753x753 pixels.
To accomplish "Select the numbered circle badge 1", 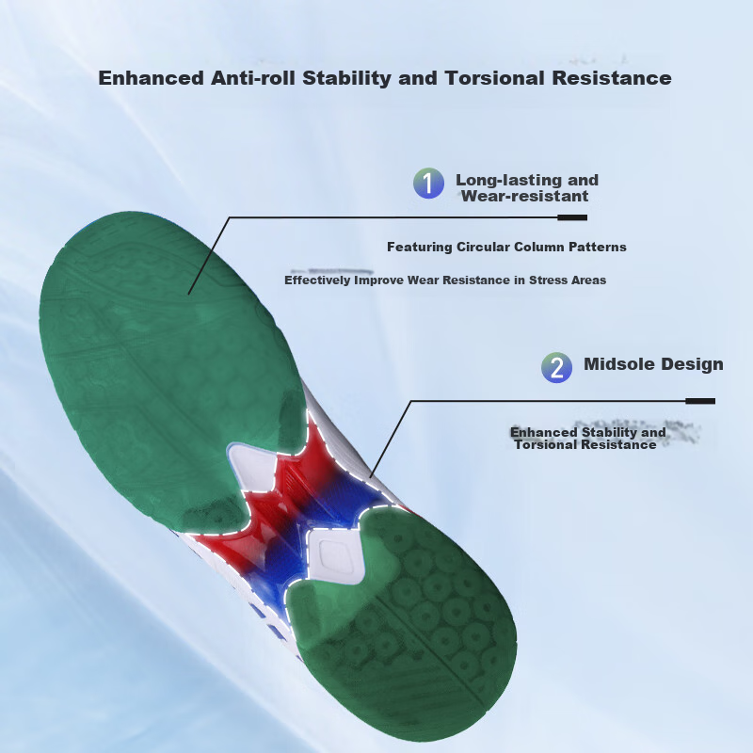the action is click(428, 183).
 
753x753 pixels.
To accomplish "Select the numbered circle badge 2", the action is click(556, 367).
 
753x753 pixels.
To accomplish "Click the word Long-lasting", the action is click(508, 180).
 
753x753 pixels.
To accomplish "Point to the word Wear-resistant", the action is click(524, 196).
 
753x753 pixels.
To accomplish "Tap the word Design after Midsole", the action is click(692, 364).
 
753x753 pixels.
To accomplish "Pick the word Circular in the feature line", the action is click(483, 247).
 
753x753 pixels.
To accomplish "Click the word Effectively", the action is click(317, 280).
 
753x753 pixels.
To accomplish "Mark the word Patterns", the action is click(598, 247).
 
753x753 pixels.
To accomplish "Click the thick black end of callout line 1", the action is click(572, 217).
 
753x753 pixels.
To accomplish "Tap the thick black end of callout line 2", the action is click(700, 401).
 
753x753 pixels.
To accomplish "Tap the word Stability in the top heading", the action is click(346, 78).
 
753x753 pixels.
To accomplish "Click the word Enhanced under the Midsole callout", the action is click(543, 432).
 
